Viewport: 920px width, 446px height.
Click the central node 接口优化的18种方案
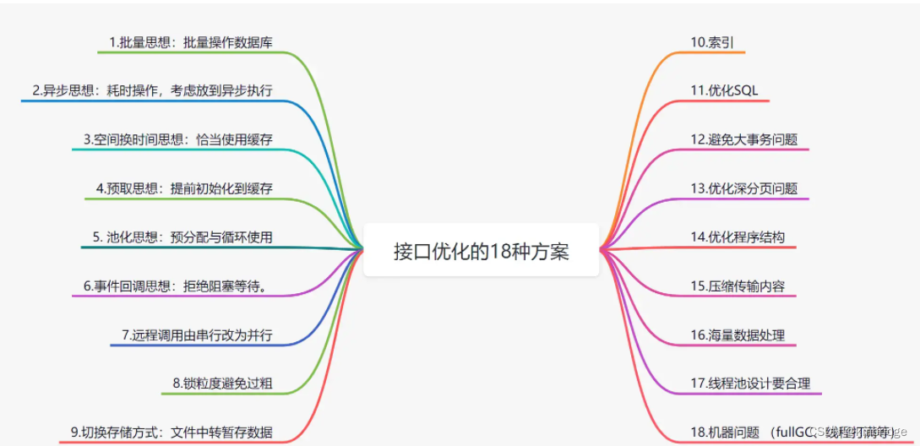tap(481, 251)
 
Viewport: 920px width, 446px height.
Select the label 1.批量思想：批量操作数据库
tap(190, 41)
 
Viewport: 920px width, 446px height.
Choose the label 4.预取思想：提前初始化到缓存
tap(184, 188)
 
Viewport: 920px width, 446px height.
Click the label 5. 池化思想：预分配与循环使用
tap(182, 237)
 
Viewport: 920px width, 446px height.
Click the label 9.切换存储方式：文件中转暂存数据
tap(171, 432)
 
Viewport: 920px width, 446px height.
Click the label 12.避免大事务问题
tap(743, 139)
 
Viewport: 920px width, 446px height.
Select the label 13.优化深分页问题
tap(743, 188)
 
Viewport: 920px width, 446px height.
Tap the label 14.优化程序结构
tap(738, 237)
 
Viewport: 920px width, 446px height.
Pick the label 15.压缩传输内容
tap(738, 286)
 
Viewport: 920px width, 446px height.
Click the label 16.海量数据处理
tap(738, 335)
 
